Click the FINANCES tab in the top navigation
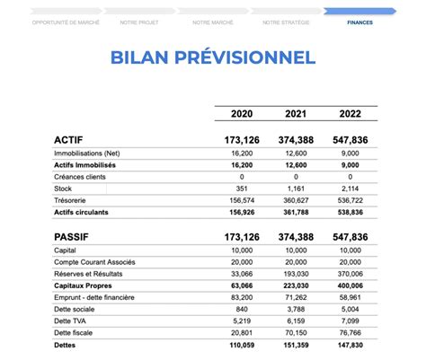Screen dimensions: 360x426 pos(359,22)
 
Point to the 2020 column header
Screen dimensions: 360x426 pos(242,114)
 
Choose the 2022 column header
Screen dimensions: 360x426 pos(351,114)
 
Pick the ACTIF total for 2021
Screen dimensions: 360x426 pos(296,141)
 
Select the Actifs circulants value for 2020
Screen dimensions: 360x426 pos(244,212)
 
